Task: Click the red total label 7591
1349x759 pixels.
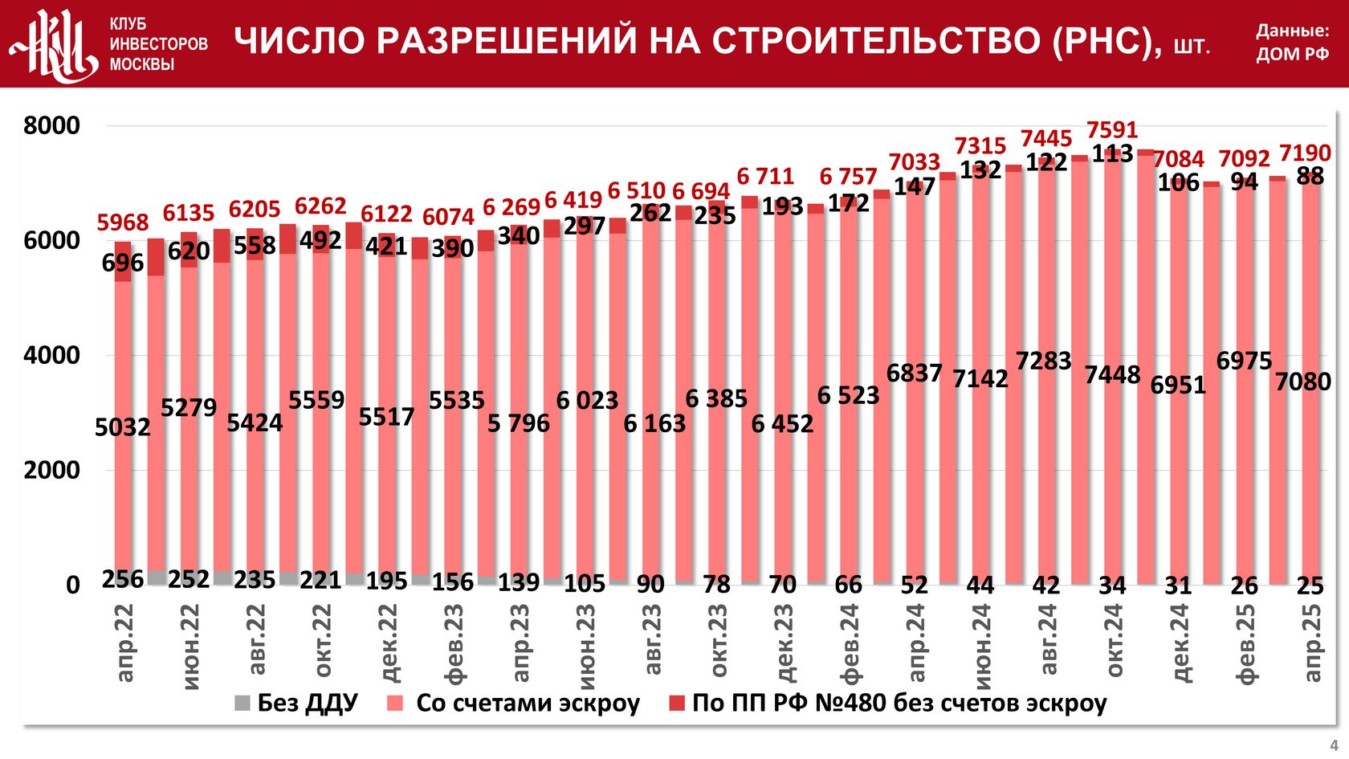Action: tap(1112, 130)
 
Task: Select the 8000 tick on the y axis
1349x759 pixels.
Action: tap(52, 126)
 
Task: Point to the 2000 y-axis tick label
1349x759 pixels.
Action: tap(52, 471)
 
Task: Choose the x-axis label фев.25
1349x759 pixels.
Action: tap(1245, 643)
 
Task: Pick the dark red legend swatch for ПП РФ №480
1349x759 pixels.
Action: tap(677, 704)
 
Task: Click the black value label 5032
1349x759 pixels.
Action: tap(123, 427)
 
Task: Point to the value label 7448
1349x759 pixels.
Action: tap(1112, 375)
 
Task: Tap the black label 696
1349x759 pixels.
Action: tap(123, 263)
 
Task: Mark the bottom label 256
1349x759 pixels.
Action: tap(123, 579)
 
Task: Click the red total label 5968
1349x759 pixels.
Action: tap(123, 222)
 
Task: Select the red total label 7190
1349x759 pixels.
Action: tap(1305, 153)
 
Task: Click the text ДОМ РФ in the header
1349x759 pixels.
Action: tap(1293, 55)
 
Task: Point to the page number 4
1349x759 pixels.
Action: tap(1334, 745)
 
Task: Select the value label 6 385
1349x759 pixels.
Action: tap(716, 398)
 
